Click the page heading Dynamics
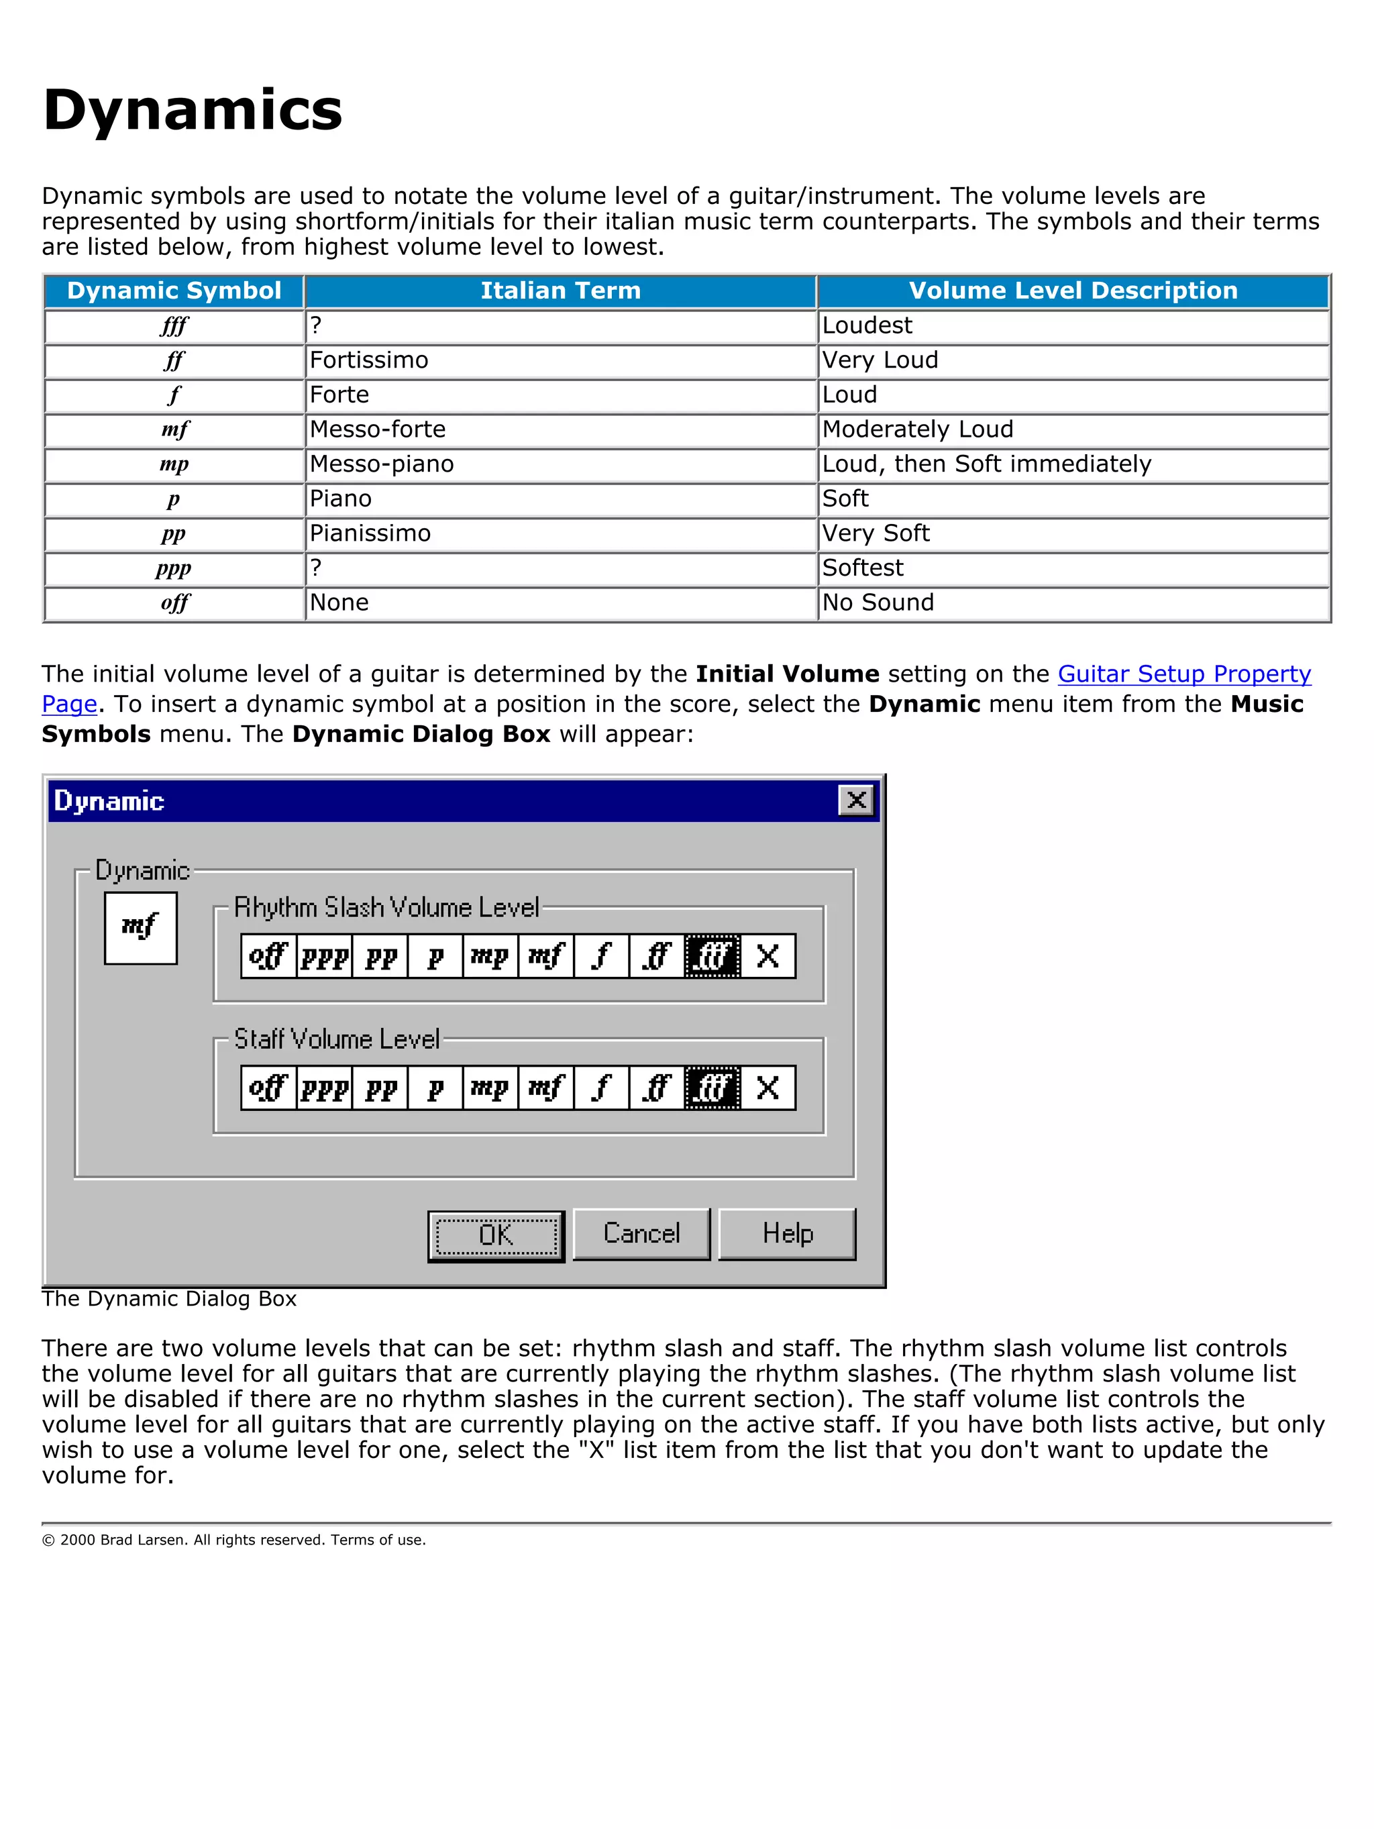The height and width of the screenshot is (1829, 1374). coord(192,110)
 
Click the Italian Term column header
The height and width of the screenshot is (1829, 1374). coord(560,291)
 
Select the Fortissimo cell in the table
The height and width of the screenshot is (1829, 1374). coord(369,360)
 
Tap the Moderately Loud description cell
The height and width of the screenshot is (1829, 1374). coord(917,430)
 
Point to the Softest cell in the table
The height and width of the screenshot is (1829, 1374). coord(862,568)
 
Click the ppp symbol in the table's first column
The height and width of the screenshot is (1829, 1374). coord(174,569)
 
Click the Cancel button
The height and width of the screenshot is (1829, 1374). coord(641,1234)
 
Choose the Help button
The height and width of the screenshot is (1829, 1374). coord(787,1234)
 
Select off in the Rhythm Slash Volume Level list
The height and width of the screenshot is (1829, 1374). coord(268,956)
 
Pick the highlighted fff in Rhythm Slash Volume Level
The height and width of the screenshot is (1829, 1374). coord(712,956)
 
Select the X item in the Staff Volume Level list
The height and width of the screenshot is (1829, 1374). coord(768,1088)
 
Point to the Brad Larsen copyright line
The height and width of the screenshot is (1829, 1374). coord(234,1540)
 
